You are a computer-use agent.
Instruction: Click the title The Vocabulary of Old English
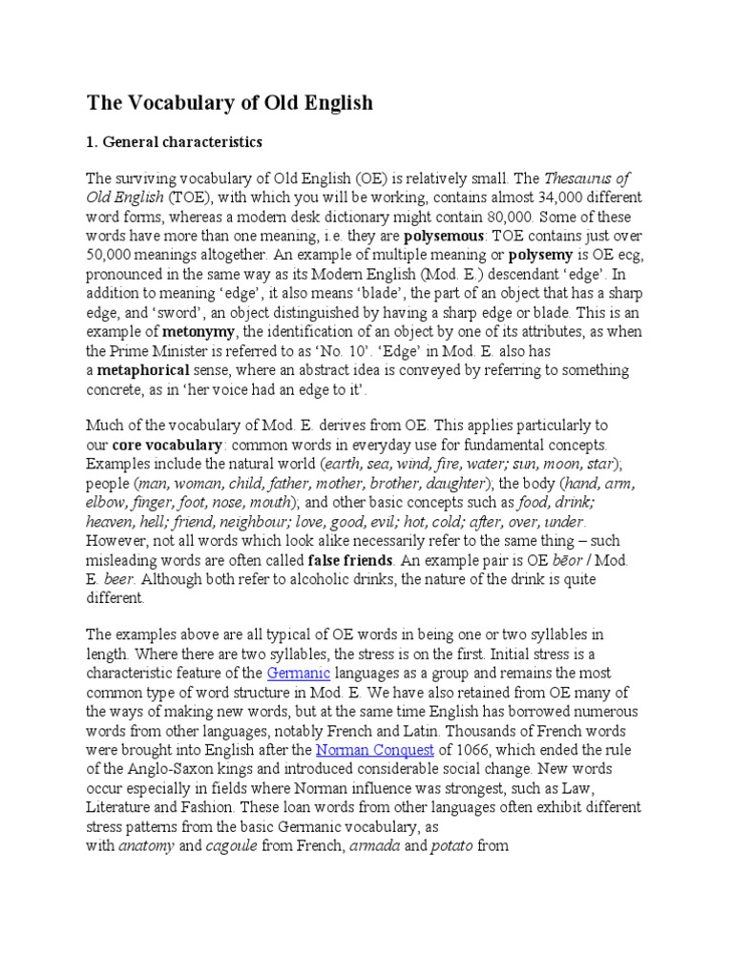tap(229, 102)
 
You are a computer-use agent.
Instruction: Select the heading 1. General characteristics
tap(174, 142)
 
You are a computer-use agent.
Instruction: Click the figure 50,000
tap(114, 257)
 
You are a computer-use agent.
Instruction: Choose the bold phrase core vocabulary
tap(168, 445)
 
